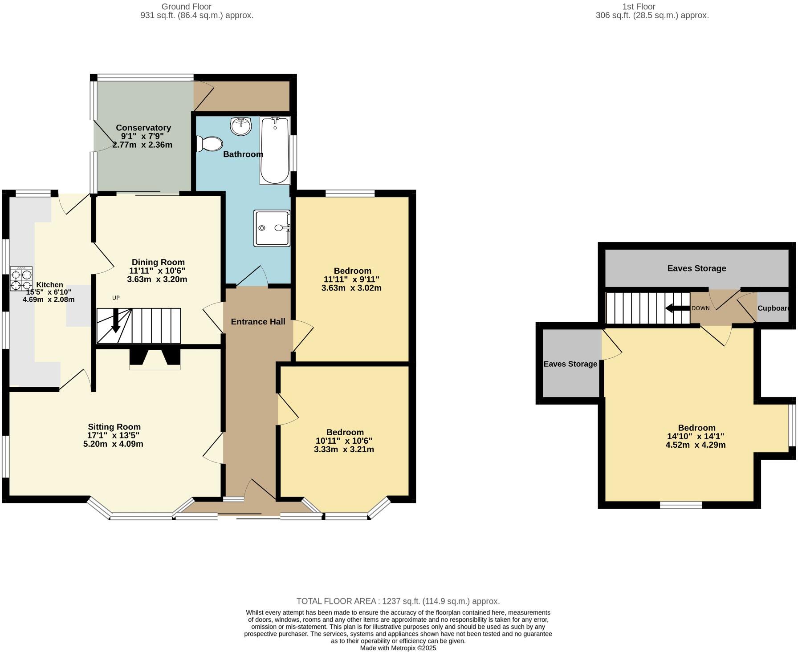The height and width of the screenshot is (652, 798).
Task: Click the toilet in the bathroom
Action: click(210, 144)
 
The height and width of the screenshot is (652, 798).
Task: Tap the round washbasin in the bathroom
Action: click(241, 126)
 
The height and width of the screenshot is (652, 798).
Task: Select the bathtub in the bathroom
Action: click(275, 150)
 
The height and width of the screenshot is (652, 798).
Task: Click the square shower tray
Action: click(272, 228)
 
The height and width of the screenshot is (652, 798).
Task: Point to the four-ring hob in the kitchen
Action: click(21, 279)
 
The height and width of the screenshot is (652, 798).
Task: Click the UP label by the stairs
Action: click(116, 298)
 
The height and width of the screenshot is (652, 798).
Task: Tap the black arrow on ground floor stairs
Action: click(115, 321)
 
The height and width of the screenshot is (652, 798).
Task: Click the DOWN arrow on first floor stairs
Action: click(676, 308)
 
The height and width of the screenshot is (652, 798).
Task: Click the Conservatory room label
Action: click(143, 128)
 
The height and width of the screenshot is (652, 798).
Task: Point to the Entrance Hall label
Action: click(258, 322)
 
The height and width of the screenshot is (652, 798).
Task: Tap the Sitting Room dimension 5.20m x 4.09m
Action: click(113, 444)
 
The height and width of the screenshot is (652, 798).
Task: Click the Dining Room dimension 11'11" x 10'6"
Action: click(157, 271)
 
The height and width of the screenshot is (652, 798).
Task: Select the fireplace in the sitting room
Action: click(155, 359)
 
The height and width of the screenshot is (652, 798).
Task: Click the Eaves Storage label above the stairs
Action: click(696, 268)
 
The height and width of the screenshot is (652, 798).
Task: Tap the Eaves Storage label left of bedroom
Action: click(570, 364)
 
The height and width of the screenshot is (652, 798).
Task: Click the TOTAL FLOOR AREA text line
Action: click(398, 601)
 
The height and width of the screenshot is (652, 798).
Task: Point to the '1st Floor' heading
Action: click(639, 7)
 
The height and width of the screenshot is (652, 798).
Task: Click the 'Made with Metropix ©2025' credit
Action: click(398, 648)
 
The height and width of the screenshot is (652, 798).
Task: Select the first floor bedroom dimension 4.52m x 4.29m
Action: click(696, 445)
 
